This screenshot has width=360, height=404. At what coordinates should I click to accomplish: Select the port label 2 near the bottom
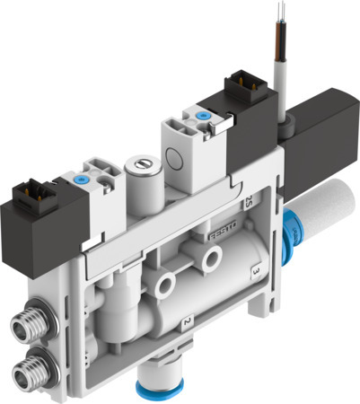point(186,321)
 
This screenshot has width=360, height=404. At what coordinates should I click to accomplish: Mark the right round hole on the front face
point(212,260)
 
